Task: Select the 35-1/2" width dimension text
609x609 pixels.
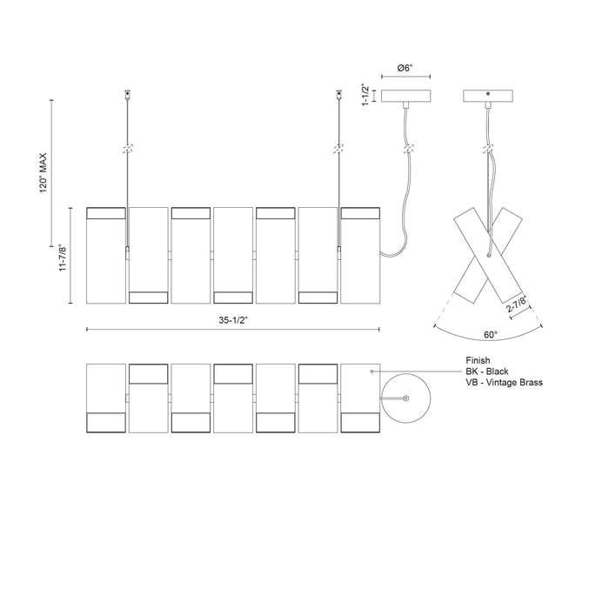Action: pos(234,319)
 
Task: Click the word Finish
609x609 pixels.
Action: pos(480,359)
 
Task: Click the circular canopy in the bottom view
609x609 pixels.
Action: pos(411,398)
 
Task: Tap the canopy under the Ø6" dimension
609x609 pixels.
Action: pos(406,97)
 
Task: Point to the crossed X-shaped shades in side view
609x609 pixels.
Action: pos(489,252)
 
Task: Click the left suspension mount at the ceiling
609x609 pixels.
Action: pos(128,93)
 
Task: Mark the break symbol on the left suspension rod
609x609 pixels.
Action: pos(128,150)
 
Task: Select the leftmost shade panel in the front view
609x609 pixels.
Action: pos(107,255)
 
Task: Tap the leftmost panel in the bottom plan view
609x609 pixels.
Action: pos(107,398)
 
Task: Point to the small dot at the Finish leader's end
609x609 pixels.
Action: pos(371,371)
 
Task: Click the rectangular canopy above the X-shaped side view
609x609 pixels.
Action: pos(489,97)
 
